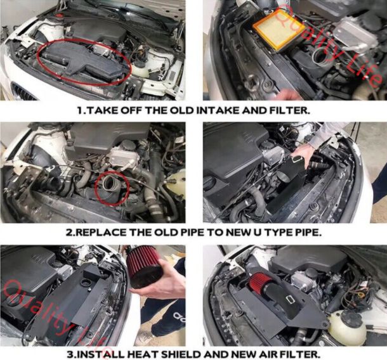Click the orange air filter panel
[x=279, y=29]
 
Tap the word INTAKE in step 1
[x=218, y=110]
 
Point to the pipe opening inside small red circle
[x=110, y=184]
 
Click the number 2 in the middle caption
[x=69, y=233]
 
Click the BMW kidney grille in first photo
[x=23, y=93]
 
